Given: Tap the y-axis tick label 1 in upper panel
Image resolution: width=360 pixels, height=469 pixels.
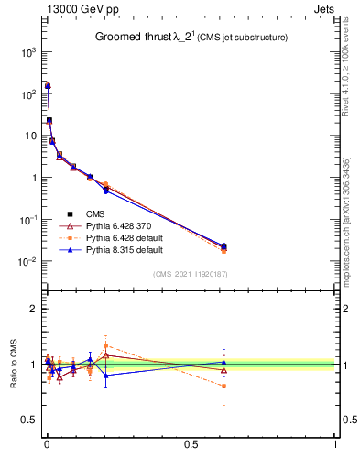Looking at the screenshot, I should [32, 178].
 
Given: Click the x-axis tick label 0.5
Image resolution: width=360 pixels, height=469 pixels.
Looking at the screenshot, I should [191, 445].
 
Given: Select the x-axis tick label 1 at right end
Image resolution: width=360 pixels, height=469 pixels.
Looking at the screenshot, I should [334, 445].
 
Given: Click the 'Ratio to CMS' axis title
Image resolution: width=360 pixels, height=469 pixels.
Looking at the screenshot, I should [13, 365].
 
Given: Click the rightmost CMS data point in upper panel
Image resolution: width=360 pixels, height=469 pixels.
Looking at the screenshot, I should [224, 245].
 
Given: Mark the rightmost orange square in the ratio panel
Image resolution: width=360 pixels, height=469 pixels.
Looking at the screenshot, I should [224, 386].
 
